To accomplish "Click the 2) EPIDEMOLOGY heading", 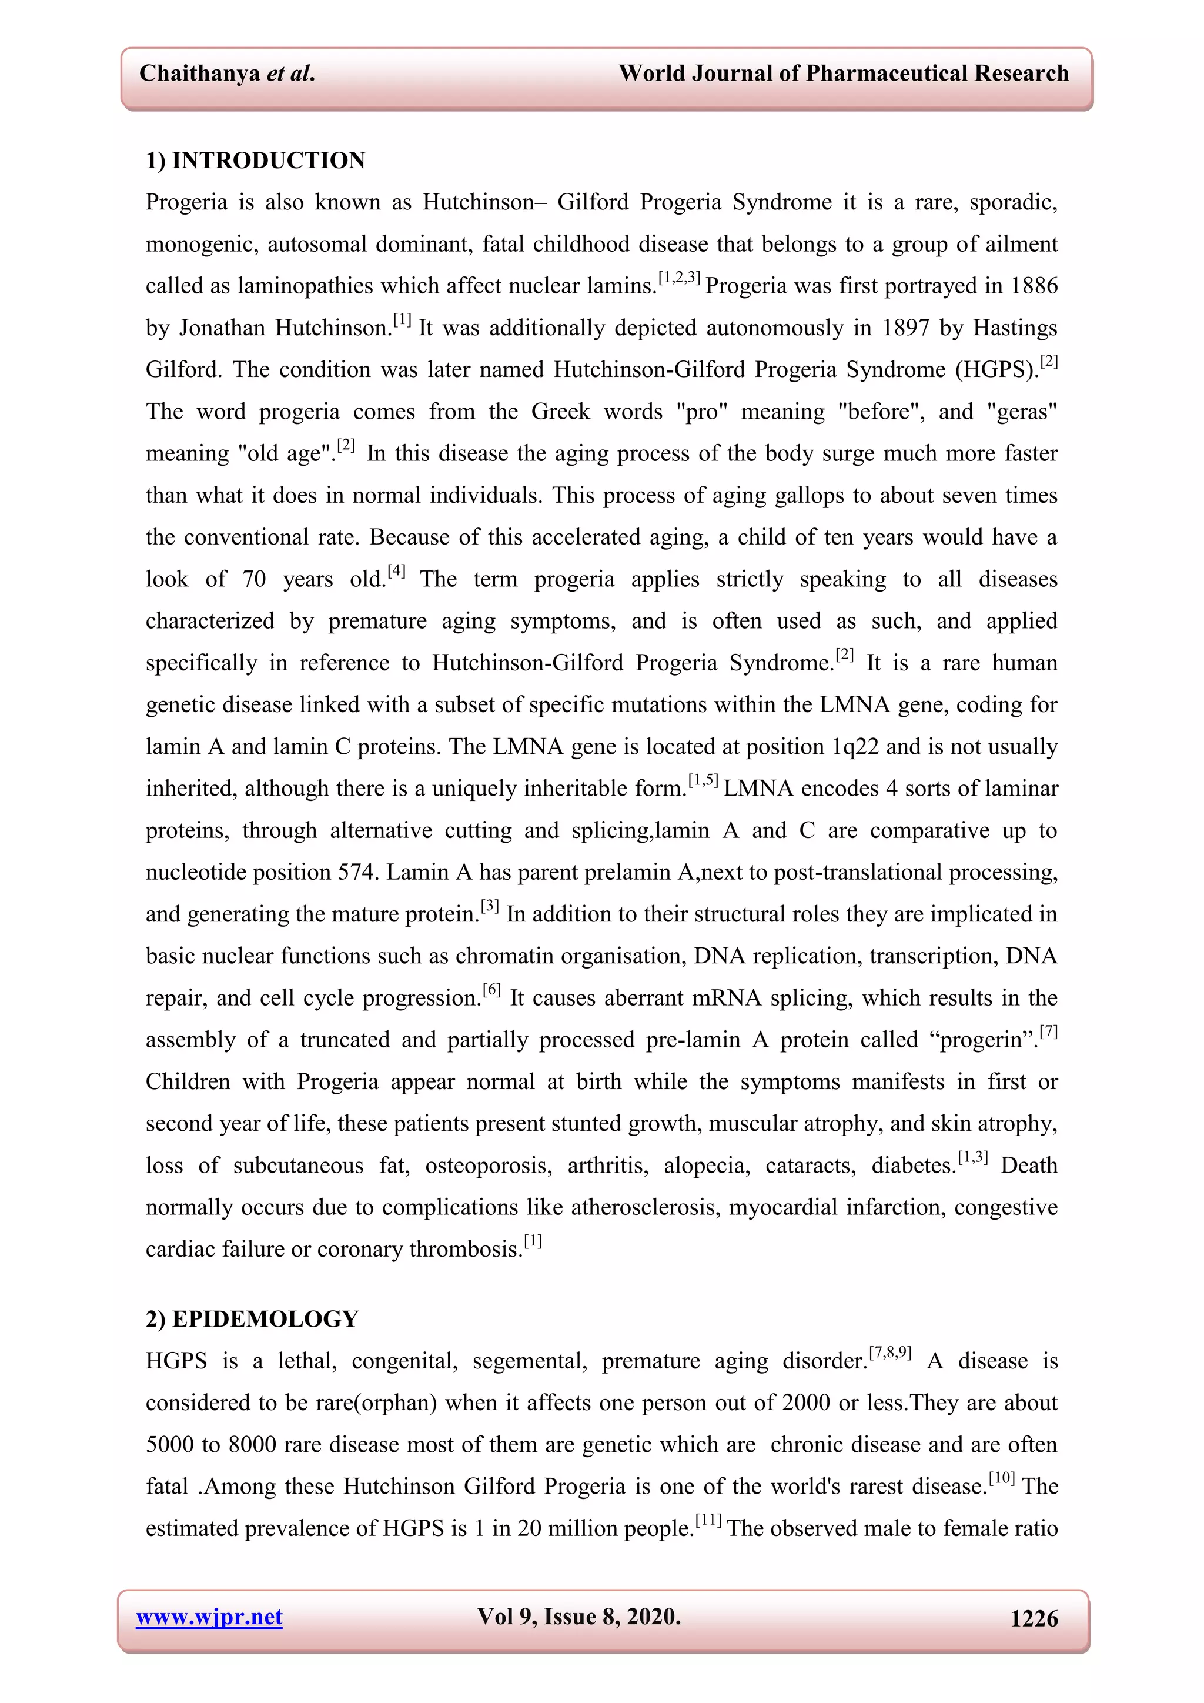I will [252, 1319].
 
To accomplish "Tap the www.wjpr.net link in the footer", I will [209, 1617].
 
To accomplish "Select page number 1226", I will [1034, 1618].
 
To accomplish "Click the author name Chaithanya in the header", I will [199, 74].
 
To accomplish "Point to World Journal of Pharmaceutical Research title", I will [844, 74].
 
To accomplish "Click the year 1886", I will [1034, 286].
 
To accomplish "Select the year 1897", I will [905, 328].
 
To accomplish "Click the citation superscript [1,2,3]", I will [679, 278].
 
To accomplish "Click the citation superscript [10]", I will [1002, 1478].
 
